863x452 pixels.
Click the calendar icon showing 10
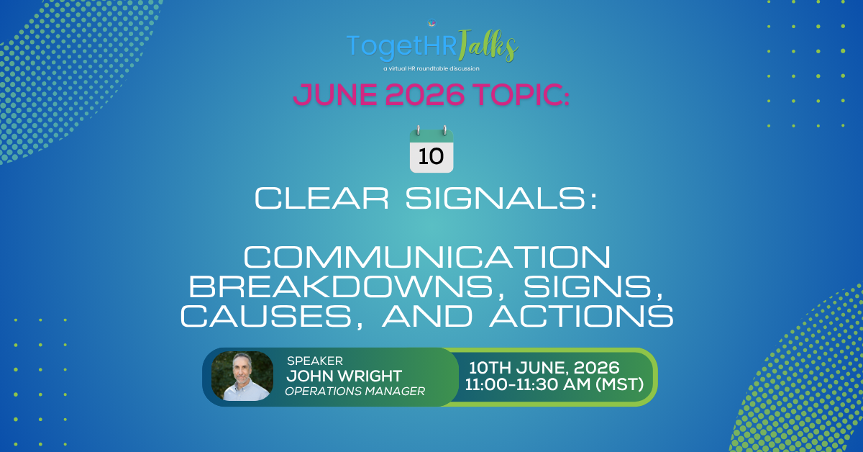click(x=431, y=150)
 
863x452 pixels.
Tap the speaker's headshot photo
click(x=242, y=376)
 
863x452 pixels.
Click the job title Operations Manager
click(x=355, y=392)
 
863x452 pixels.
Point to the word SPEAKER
click(x=314, y=361)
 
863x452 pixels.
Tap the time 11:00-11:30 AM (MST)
click(x=554, y=384)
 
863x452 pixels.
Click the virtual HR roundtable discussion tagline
click(x=431, y=68)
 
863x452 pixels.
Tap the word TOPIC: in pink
click(x=519, y=94)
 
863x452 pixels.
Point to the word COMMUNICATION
click(x=431, y=258)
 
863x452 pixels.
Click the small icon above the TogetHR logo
click(x=431, y=24)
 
